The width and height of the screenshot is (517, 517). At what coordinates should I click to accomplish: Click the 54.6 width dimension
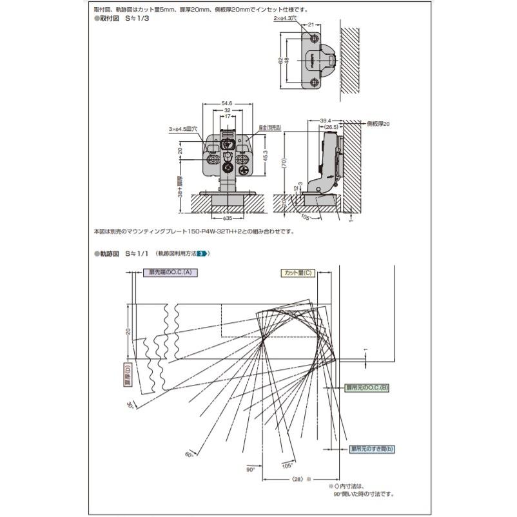pos(226,103)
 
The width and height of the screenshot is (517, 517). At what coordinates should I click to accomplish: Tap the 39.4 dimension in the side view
pos(325,121)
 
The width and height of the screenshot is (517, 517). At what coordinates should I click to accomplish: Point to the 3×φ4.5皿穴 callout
pos(182,130)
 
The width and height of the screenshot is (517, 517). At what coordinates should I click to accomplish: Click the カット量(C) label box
pos(297,273)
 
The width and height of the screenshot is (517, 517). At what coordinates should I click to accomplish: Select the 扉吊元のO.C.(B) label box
pos(365,387)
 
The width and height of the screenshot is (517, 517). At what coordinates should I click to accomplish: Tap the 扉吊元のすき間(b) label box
pos(372,448)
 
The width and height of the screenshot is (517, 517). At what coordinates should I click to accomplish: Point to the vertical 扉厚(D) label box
pos(128,376)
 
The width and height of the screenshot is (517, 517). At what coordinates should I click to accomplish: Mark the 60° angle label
pos(189,455)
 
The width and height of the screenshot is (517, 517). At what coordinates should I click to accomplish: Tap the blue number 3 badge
pos(201,254)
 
